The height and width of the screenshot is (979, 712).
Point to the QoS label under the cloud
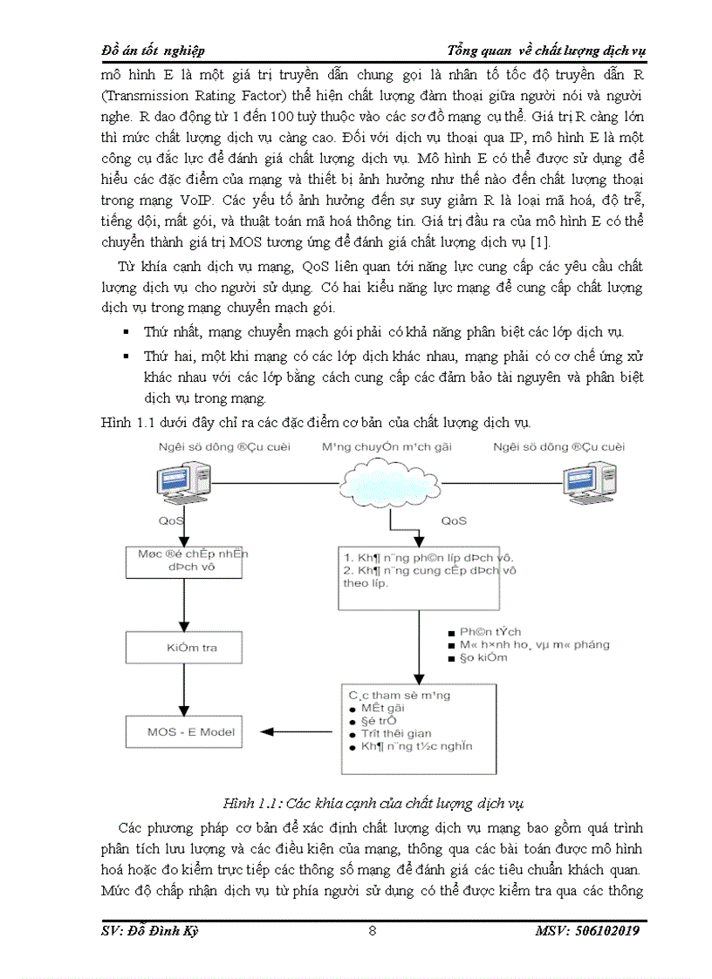click(453, 520)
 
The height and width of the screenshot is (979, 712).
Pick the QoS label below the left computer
click(171, 520)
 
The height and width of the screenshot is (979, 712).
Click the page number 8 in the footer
click(373, 931)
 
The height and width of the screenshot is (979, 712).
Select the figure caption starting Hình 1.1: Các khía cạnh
click(373, 803)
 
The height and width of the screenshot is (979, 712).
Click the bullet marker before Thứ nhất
click(126, 333)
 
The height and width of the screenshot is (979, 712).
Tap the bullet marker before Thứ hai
click(126, 357)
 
